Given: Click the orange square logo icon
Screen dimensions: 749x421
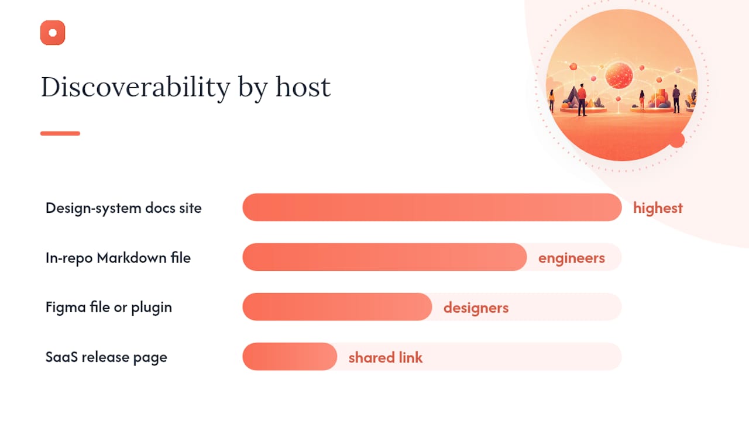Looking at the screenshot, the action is [53, 32].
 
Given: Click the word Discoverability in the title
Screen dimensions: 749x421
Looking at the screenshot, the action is [135, 88].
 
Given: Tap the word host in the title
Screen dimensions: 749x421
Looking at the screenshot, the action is [303, 87].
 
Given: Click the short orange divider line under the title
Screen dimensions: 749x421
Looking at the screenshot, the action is [60, 133].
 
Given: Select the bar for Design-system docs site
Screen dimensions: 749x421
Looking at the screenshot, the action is [432, 207].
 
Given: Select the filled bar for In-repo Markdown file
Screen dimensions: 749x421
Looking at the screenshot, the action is [384, 257].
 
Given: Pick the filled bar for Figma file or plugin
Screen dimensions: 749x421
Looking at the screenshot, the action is [337, 307].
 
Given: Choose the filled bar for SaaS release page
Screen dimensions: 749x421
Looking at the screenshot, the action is [290, 357].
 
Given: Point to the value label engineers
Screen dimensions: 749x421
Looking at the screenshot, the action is [572, 258].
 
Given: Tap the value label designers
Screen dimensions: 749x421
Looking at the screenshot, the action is [476, 308].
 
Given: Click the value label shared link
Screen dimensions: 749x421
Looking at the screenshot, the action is [386, 357].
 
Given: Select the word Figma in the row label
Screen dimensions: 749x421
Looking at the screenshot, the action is [66, 307].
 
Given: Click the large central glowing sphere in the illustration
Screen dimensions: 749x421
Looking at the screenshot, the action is [619, 75].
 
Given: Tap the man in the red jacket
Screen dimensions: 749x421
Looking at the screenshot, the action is [582, 99].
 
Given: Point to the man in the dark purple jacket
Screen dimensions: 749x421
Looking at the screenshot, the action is [676, 99].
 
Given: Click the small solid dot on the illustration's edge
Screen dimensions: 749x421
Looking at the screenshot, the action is [677, 140].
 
